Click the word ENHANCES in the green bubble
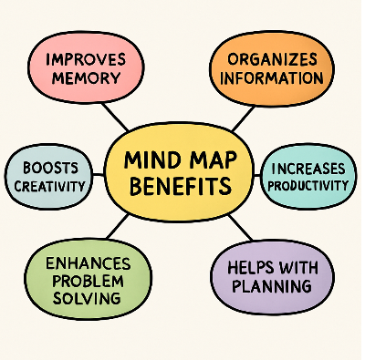[88, 263]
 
